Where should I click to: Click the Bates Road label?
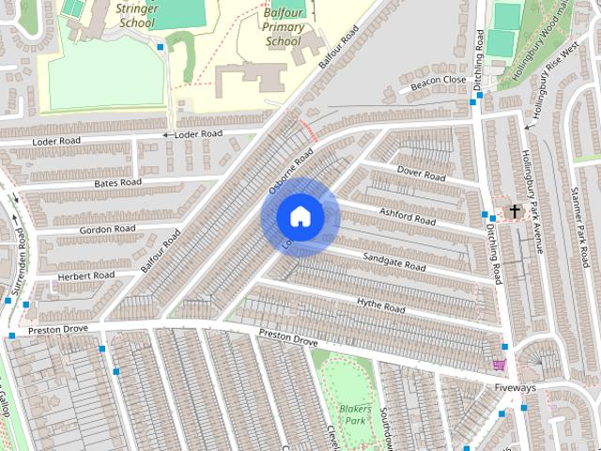(x=117, y=181)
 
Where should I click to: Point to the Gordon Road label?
(x=108, y=228)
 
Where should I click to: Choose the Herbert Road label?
(x=85, y=275)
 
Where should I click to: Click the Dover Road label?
(x=421, y=174)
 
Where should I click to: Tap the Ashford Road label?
(x=407, y=216)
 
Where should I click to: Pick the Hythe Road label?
(x=380, y=304)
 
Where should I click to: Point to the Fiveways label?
(x=516, y=388)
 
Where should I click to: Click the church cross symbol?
(x=514, y=211)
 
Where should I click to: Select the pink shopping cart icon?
(x=499, y=365)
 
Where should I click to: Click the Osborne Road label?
(x=290, y=173)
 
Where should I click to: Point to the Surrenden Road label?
(x=21, y=244)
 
